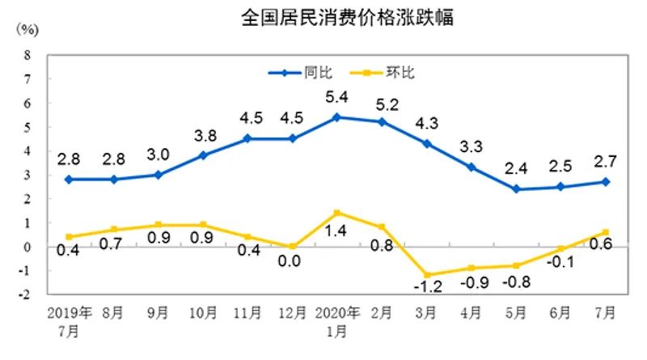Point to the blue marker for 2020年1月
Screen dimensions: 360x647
click(x=336, y=117)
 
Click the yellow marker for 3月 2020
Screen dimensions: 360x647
click(x=425, y=275)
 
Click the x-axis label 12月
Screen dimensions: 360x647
click(x=292, y=312)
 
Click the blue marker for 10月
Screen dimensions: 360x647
click(x=203, y=155)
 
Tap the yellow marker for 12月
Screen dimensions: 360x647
click(x=292, y=247)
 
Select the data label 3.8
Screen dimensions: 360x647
click(x=203, y=135)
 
